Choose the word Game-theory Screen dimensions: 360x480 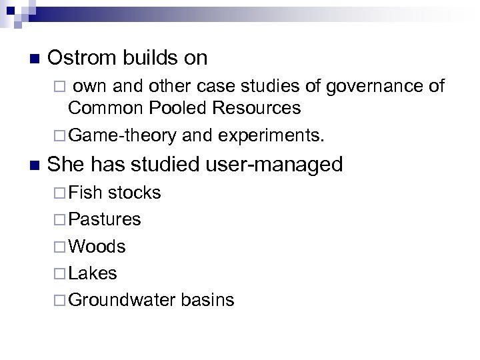(x=122, y=136)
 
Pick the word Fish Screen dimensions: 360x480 (x=85, y=193)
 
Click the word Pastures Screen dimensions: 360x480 (x=105, y=219)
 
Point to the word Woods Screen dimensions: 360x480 (x=97, y=246)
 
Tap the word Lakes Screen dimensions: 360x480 (x=93, y=273)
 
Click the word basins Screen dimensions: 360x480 (x=207, y=299)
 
